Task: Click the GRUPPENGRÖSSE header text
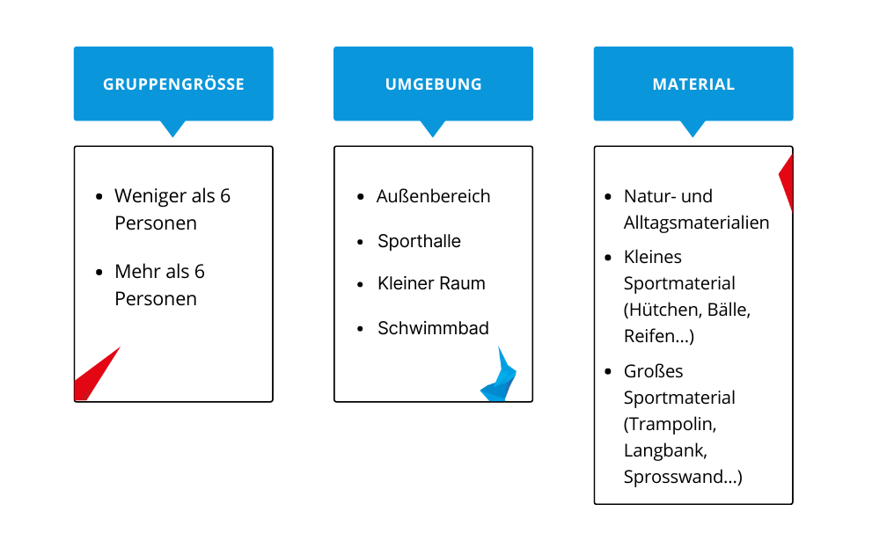173,84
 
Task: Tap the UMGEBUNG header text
433,84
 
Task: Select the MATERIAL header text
693,84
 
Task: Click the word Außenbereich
433,196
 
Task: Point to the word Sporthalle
419,241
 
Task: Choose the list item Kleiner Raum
431,283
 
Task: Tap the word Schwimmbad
433,328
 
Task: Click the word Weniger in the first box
151,197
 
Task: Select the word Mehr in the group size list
136,272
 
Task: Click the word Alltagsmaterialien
696,223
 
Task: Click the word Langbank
665,450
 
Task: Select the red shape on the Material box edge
787,182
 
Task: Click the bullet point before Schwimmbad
361,329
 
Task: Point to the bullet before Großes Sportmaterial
608,372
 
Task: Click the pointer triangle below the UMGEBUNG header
433,128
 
